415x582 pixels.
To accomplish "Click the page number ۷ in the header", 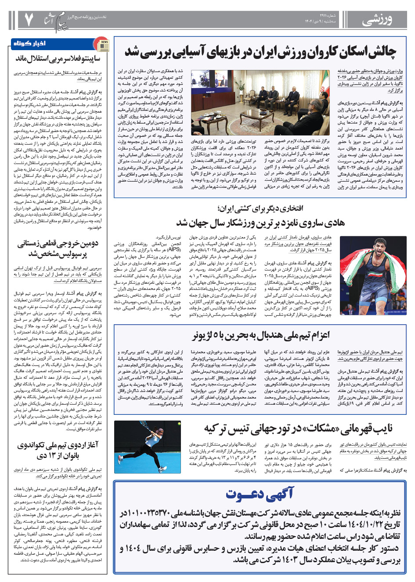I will point(29,19).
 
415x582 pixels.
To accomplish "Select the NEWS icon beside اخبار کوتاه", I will point(104,44).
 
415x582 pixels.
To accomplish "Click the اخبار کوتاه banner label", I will point(41,44).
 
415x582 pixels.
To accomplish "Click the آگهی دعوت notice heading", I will point(259,494).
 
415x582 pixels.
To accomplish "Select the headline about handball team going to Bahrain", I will point(260,336).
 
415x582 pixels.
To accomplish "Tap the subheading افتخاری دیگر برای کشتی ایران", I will point(260,208).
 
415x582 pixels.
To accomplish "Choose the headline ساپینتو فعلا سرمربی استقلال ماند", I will point(58,59).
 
